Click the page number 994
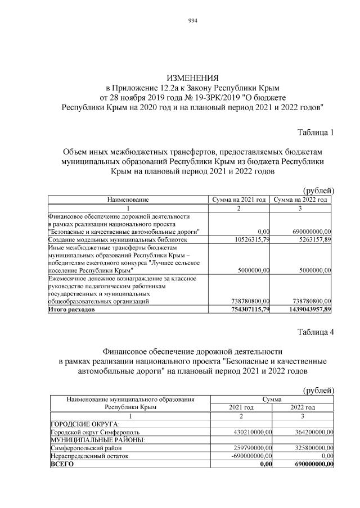(x=192, y=21)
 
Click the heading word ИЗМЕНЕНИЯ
(x=192, y=78)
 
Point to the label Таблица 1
(x=316, y=133)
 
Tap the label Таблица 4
(x=316, y=332)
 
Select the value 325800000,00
(x=310, y=448)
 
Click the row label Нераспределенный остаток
(x=89, y=456)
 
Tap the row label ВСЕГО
(x=62, y=464)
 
